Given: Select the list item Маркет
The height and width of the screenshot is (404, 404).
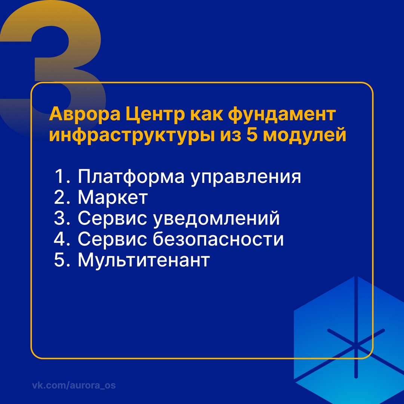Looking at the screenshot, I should (113, 198).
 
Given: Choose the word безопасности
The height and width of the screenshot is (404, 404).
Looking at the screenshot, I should (218, 240).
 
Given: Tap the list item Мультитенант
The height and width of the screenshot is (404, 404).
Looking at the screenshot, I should (143, 261).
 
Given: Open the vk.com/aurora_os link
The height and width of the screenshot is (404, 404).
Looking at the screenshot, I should (74, 385).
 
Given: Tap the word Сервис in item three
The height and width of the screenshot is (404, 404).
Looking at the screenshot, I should (112, 219).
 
